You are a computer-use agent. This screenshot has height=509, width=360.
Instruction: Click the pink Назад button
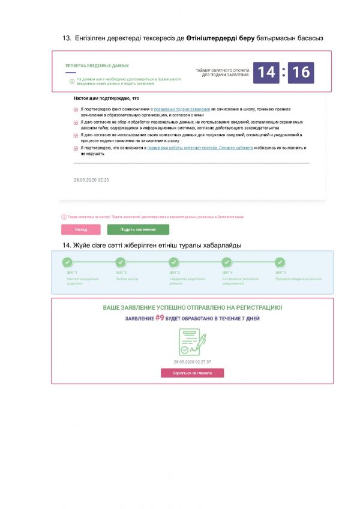[81, 229]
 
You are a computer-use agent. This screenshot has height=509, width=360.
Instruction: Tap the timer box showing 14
[266, 73]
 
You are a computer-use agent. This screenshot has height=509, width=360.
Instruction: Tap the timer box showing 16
[301, 73]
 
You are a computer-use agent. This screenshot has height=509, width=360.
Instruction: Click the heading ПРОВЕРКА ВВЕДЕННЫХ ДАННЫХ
[97, 66]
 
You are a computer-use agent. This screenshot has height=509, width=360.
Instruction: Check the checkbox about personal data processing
[76, 122]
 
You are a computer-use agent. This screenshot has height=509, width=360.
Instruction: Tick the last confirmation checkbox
[76, 148]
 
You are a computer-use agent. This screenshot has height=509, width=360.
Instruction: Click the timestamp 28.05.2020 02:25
[91, 179]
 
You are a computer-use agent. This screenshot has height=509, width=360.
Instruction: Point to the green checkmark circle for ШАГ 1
[67, 262]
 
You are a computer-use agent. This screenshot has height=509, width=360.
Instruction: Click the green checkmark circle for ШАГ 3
[173, 262]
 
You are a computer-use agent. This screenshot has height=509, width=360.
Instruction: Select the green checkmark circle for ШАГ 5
[280, 262]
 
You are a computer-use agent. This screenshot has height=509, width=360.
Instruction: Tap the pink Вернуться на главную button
[192, 373]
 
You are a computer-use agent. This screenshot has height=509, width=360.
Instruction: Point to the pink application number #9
[160, 318]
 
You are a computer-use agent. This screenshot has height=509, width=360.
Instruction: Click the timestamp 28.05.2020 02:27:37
[192, 362]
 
